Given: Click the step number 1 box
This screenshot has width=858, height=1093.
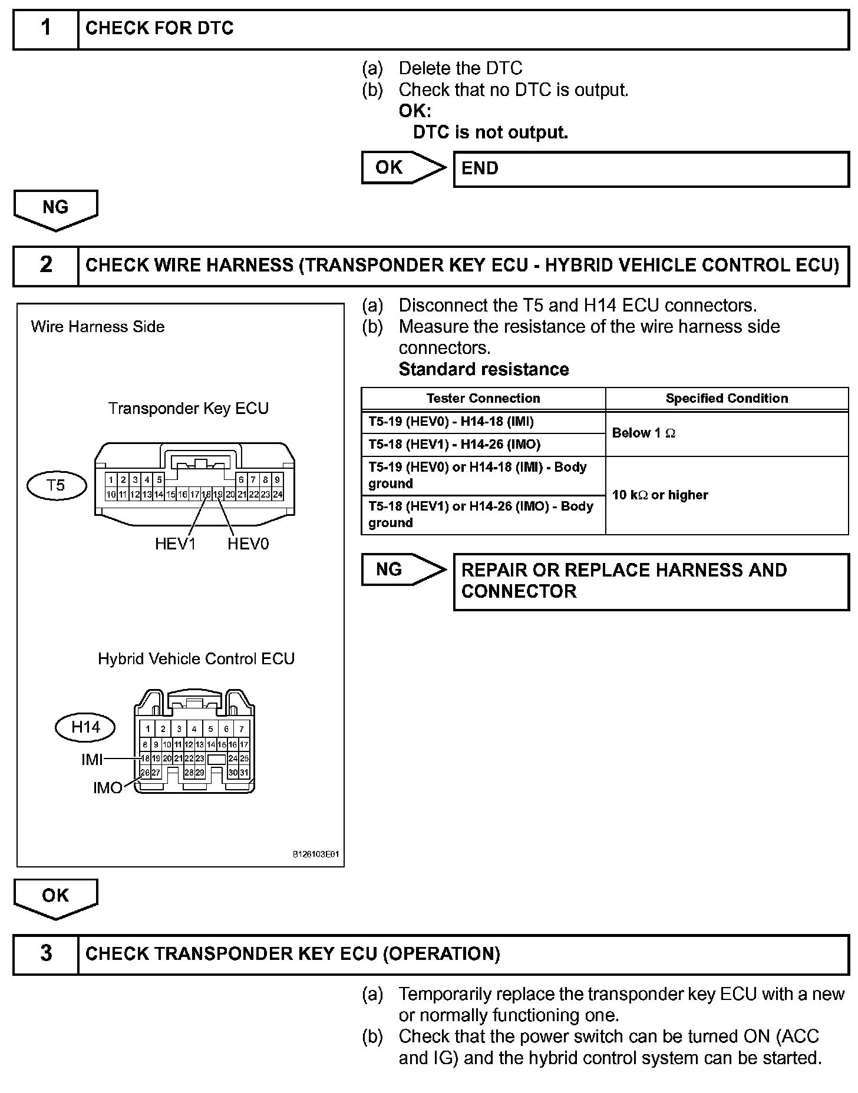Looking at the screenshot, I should [45, 28].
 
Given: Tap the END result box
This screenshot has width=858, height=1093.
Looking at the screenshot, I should [651, 169].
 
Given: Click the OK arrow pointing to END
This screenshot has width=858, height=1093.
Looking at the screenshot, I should [403, 168].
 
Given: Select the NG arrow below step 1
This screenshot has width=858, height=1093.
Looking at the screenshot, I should [55, 210].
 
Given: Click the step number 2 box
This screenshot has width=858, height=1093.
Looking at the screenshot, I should [45, 266].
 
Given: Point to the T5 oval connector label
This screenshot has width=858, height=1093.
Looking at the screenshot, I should [57, 485].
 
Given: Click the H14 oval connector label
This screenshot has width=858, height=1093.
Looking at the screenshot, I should [85, 727].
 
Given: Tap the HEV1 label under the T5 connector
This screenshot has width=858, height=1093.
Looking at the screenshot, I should [175, 544].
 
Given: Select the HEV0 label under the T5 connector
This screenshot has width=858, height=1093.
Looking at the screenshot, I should [248, 544].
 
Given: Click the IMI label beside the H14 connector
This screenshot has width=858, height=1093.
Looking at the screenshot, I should [92, 760].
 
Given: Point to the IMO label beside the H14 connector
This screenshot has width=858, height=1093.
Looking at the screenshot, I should [107, 787].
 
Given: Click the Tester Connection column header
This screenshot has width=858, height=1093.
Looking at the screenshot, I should [483, 399].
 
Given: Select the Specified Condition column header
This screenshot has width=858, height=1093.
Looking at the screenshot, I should [727, 399].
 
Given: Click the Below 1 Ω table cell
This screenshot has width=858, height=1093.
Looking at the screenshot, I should [727, 433].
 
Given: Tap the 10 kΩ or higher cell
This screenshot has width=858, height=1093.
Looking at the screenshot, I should [727, 495].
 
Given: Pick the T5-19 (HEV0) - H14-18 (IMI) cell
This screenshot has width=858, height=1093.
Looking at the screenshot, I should [483, 422].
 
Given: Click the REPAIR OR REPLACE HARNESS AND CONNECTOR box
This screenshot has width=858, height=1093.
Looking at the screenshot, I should [651, 581].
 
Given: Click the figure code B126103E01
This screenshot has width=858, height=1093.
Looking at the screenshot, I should [316, 854].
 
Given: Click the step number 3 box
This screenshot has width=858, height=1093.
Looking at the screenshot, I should [45, 953].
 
